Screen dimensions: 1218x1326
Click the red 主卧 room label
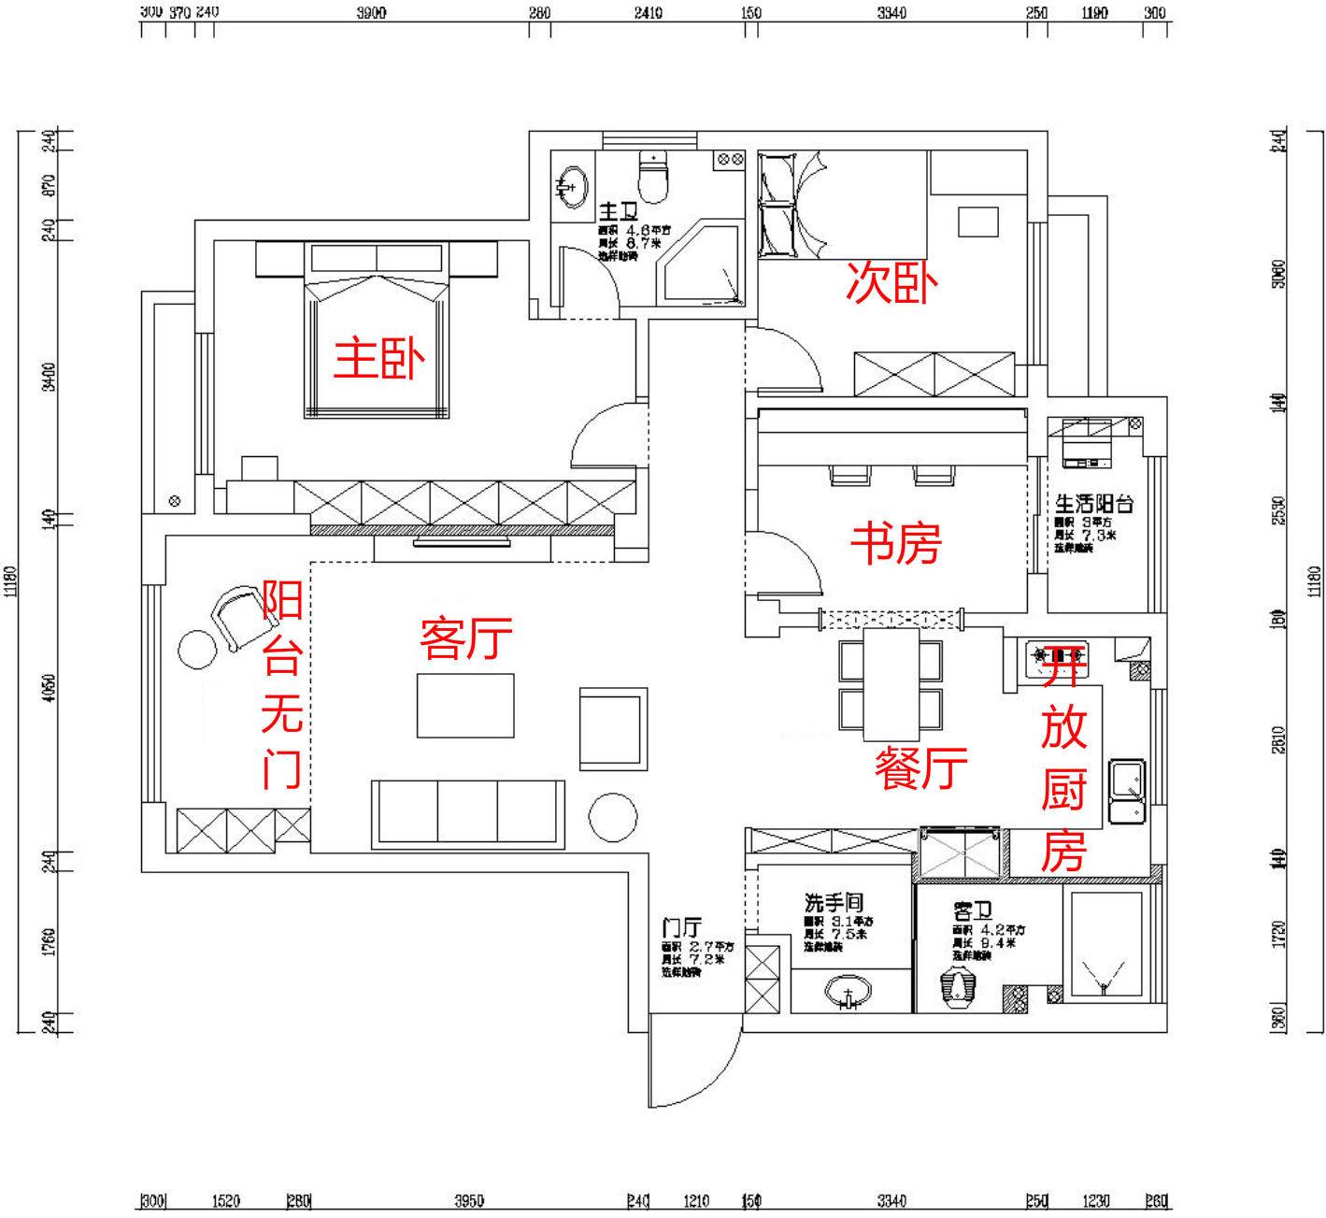coord(379,359)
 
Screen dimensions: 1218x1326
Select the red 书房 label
coord(895,543)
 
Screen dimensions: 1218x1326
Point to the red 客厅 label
coord(465,638)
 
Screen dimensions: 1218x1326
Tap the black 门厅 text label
coord(681,928)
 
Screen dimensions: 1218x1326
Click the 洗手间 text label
coord(834,903)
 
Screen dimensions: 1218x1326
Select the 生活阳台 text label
coord(1094,504)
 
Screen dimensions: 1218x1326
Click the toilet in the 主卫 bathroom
coord(654,177)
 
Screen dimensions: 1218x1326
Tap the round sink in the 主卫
coord(570,184)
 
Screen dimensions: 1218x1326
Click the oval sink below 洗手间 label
coord(848,992)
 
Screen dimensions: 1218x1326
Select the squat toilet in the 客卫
coord(956,989)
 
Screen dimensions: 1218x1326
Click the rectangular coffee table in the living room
coord(465,706)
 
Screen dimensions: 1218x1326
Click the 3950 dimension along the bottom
coord(468,1201)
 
